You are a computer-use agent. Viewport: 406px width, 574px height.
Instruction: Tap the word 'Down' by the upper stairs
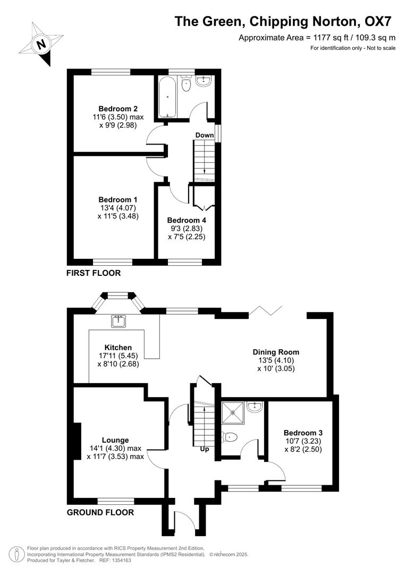(204, 135)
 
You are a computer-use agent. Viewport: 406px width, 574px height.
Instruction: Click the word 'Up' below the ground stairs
(204, 449)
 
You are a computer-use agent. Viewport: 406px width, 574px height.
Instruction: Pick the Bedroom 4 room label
(186, 220)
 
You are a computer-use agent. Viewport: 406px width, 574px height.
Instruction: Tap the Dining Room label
(276, 352)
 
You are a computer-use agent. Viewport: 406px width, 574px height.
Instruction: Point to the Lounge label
(115, 440)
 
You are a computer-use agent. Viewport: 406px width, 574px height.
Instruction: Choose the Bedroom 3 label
(302, 433)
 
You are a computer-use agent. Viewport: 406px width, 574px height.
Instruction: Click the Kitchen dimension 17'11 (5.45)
(118, 356)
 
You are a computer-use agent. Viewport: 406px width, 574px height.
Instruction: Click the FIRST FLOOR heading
(94, 273)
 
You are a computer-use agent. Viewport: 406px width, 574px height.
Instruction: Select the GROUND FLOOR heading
(100, 512)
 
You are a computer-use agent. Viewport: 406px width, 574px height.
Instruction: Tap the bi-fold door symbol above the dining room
(264, 309)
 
